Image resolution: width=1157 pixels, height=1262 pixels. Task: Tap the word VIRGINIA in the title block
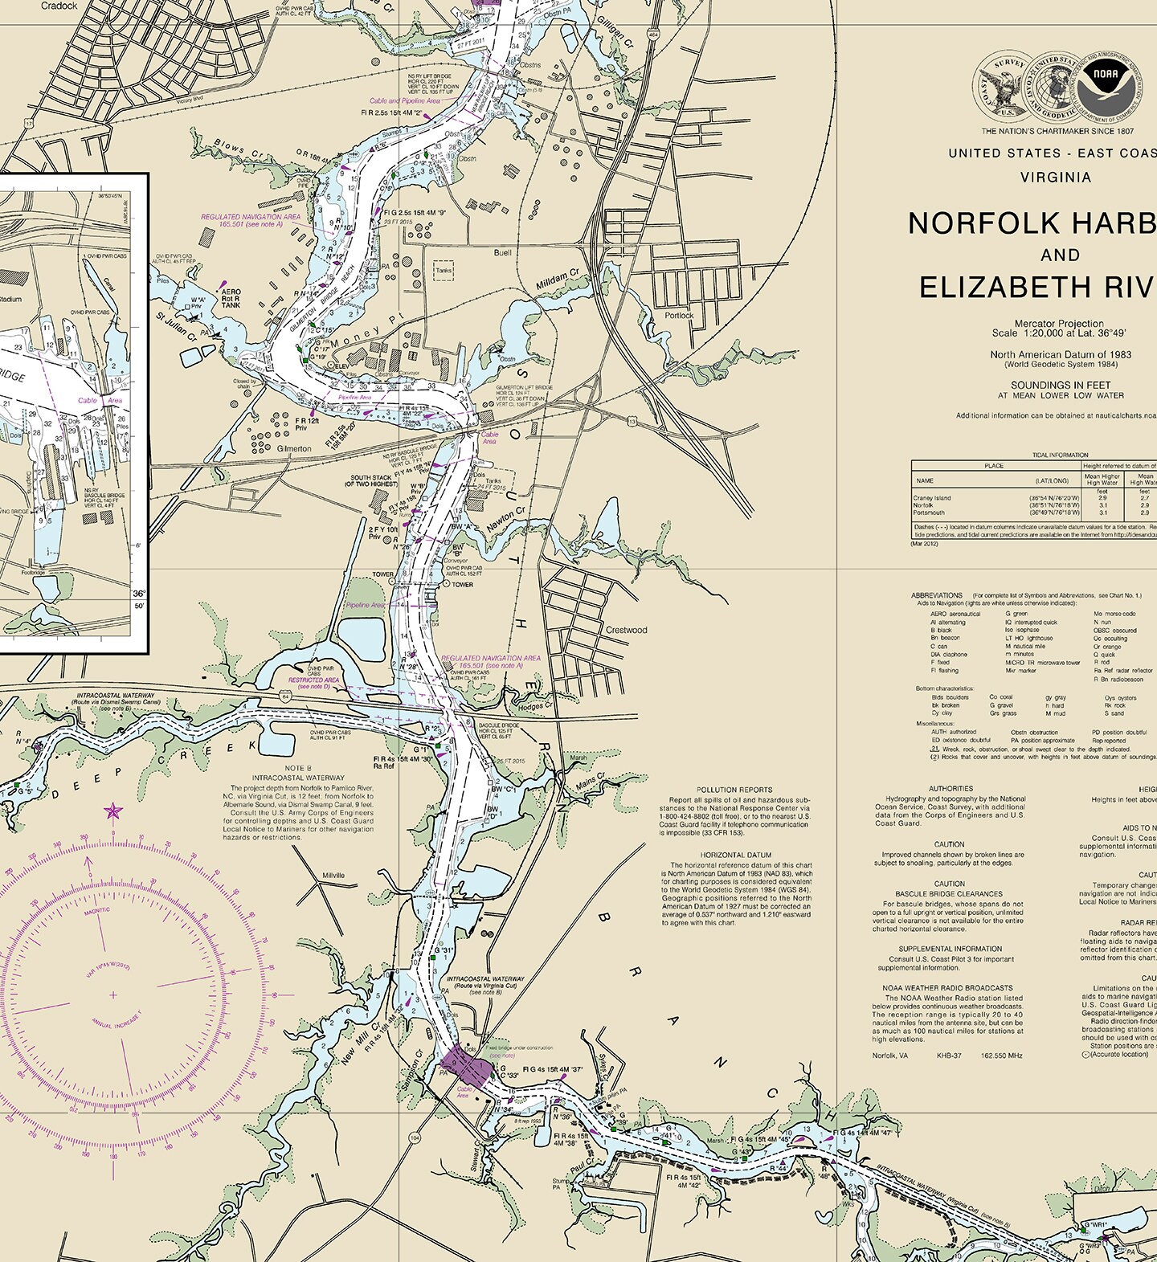1055,177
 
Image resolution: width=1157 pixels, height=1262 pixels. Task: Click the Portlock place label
679,316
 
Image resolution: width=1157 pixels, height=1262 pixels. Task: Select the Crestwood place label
626,630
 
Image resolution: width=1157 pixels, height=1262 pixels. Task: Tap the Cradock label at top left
59,6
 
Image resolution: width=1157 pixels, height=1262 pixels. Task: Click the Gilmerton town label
293,448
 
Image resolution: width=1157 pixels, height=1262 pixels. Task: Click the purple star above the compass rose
113,811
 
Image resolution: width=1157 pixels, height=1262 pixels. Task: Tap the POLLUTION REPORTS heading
734,790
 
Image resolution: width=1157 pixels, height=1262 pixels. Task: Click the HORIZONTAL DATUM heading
735,856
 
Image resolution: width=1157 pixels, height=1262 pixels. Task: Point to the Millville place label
333,875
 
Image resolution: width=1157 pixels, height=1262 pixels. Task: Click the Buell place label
502,252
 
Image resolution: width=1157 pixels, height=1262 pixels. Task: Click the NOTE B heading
298,769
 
